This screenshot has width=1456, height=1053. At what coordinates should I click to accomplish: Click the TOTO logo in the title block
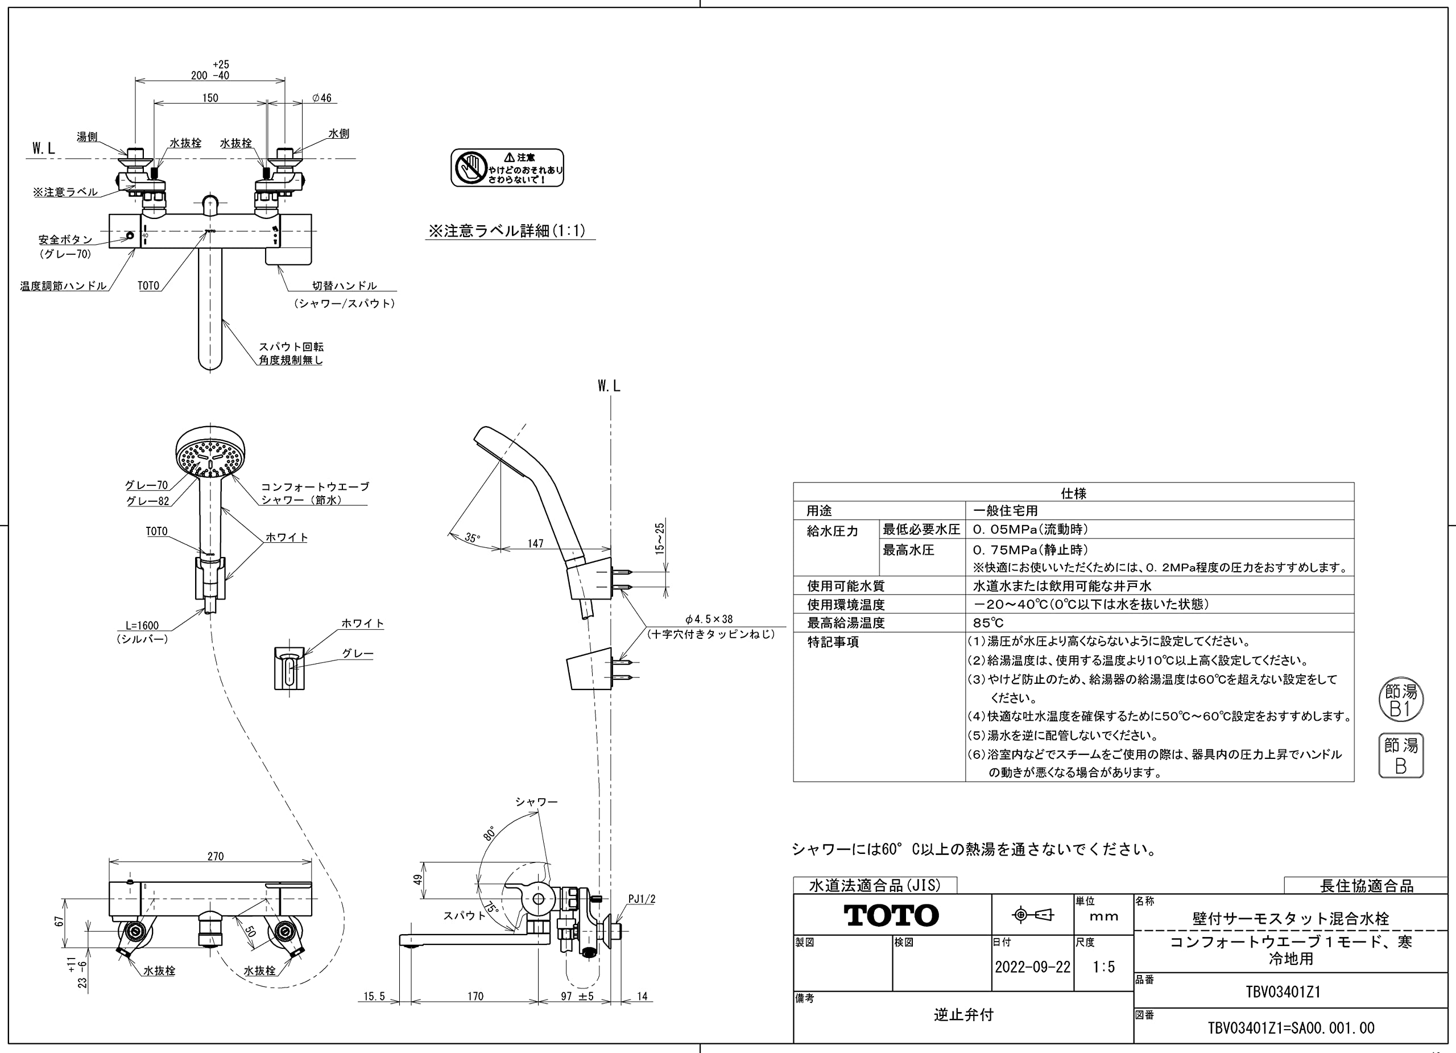pyautogui.click(x=891, y=915)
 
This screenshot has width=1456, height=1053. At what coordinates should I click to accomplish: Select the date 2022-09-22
pyautogui.click(x=1032, y=967)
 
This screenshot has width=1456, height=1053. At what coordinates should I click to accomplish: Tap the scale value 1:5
pyautogui.click(x=1103, y=967)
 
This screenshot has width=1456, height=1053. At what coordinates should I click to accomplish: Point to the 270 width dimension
pyautogui.click(x=216, y=856)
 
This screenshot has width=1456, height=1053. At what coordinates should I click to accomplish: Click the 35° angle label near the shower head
pyautogui.click(x=473, y=538)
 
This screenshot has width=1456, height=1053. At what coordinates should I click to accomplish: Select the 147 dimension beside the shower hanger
pyautogui.click(x=535, y=543)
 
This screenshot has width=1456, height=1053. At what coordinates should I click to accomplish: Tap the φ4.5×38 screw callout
pyautogui.click(x=709, y=619)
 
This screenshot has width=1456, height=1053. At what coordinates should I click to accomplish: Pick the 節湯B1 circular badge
pyautogui.click(x=1401, y=700)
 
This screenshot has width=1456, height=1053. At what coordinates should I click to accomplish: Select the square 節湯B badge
pyautogui.click(x=1401, y=755)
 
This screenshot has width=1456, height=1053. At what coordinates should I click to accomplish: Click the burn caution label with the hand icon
pyautogui.click(x=507, y=168)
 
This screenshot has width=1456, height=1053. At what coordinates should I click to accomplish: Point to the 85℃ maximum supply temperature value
pyautogui.click(x=988, y=623)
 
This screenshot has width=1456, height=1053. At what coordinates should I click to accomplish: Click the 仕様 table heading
pyautogui.click(x=1073, y=493)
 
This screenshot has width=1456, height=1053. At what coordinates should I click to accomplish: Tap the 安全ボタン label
pyautogui.click(x=65, y=239)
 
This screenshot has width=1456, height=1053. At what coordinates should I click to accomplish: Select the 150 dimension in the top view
pyautogui.click(x=210, y=98)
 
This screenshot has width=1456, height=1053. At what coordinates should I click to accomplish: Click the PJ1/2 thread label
pyautogui.click(x=642, y=899)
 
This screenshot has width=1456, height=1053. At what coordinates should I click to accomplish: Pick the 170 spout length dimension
pyautogui.click(x=475, y=997)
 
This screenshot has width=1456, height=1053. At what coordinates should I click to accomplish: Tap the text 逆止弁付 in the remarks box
pyautogui.click(x=963, y=1015)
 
